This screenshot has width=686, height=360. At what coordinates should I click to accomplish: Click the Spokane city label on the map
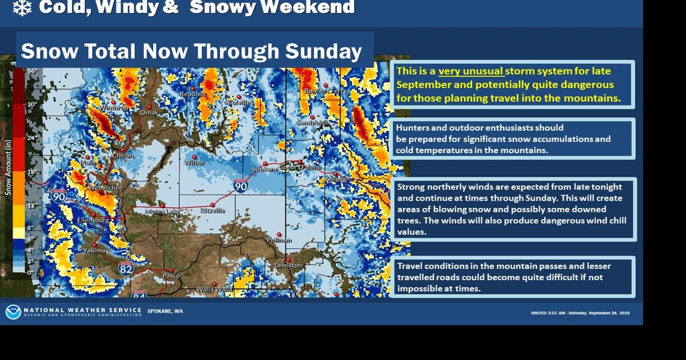pos(265,169)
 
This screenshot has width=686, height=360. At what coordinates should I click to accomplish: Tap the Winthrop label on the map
pos(114,108)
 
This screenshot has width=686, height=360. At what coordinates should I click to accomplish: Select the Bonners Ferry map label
pos(325,91)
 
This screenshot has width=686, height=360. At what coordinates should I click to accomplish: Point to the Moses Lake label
pos(162,212)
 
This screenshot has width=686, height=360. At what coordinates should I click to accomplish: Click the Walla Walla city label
pos(214,289)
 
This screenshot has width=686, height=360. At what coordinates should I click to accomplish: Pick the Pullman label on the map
pos(279,240)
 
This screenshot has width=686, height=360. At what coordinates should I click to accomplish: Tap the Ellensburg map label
pos(93,220)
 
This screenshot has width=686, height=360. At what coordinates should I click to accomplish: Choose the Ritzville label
pos(213,211)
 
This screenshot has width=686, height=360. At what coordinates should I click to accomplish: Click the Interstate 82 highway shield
pos(126,268)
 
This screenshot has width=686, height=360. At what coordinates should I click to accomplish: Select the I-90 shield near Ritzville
pos(241,186)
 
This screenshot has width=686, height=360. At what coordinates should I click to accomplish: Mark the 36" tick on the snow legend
pos(31,71)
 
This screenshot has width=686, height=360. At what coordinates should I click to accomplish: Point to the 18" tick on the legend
pos(31,172)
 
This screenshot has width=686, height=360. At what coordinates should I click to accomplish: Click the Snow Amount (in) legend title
pos(8,167)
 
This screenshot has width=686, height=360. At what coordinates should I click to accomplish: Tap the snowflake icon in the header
pos(22,7)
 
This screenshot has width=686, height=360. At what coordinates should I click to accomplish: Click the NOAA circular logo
pos(13,312)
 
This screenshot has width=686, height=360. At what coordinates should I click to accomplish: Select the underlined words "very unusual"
pos(471,71)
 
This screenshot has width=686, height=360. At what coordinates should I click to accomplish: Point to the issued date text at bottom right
pos(580,313)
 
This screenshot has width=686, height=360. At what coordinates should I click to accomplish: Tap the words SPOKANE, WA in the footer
pos(165,311)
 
